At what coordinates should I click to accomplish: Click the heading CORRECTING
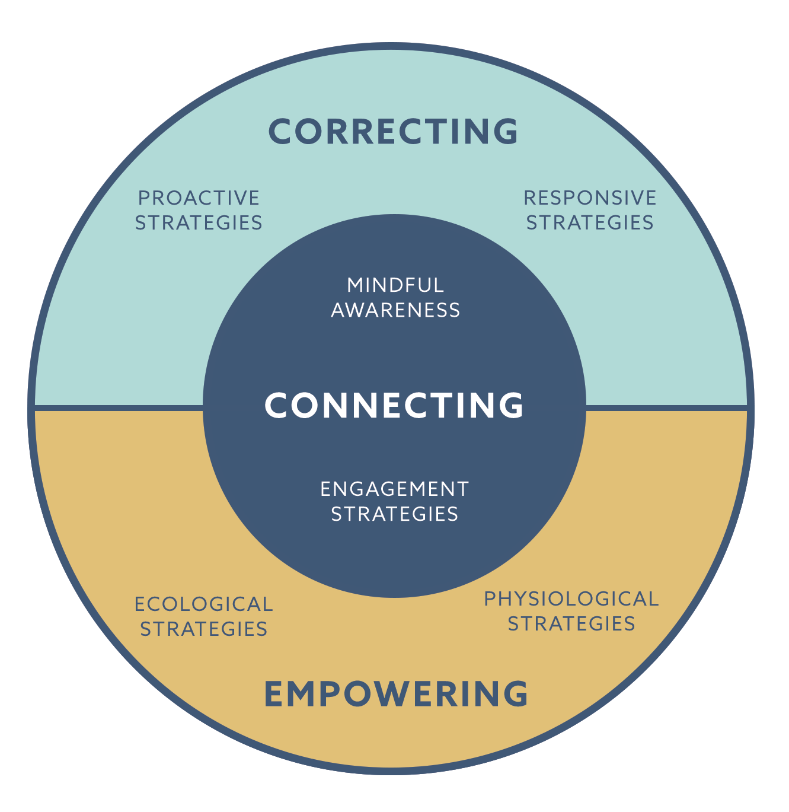pyautogui.click(x=394, y=131)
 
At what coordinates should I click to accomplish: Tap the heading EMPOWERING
pyautogui.click(x=395, y=693)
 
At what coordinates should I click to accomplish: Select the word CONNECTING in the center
pyautogui.click(x=394, y=405)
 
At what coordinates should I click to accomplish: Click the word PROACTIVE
pyautogui.click(x=199, y=198)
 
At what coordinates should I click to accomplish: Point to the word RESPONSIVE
pyautogui.click(x=590, y=198)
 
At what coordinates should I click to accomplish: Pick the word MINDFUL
pyautogui.click(x=395, y=285)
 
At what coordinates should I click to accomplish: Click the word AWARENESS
pyautogui.click(x=395, y=310)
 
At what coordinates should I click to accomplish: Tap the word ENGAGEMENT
pyautogui.click(x=395, y=489)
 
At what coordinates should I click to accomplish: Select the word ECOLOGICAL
pyautogui.click(x=203, y=604)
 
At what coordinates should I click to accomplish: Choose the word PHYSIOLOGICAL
pyautogui.click(x=571, y=599)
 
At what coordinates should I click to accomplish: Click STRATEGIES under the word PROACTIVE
pyautogui.click(x=199, y=222)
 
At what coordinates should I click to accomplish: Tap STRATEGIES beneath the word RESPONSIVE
pyautogui.click(x=590, y=222)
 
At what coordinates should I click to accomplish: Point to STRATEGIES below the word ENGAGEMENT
pyautogui.click(x=395, y=514)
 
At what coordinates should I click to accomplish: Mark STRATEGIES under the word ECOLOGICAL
pyautogui.click(x=203, y=629)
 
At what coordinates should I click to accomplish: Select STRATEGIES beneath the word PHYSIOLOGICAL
pyautogui.click(x=571, y=624)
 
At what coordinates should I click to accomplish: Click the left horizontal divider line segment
pyautogui.click(x=119, y=408)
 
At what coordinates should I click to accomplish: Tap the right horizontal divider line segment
pyautogui.click(x=667, y=408)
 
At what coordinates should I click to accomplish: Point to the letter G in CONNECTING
pyautogui.click(x=511, y=405)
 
